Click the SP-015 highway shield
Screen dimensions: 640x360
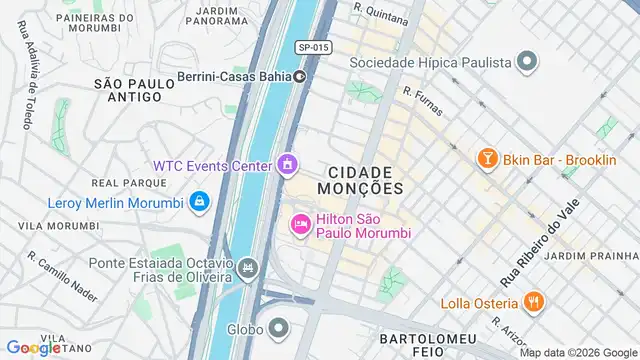coord(313,47)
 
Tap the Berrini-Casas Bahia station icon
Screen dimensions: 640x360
coord(299,76)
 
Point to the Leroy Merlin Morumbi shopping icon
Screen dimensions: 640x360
coord(199,203)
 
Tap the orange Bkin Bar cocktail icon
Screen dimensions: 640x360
coord(487,159)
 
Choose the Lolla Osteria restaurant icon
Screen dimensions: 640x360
coord(534,303)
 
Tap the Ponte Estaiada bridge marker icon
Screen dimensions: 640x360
coord(247,268)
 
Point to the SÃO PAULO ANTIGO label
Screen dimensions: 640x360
coord(128,90)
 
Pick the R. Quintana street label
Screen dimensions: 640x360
coord(381,13)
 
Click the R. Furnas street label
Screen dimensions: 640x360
coord(422,99)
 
